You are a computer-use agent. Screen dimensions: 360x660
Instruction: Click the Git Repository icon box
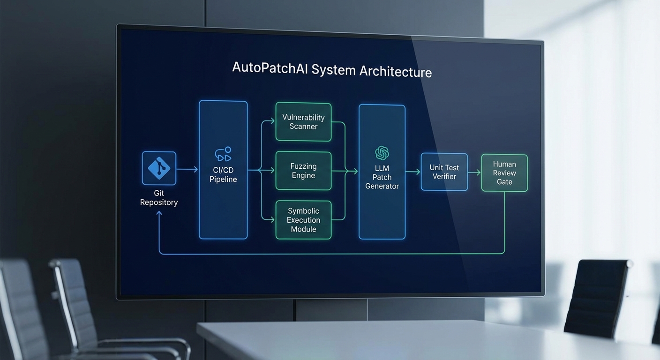tap(159, 168)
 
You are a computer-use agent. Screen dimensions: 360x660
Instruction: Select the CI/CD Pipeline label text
tap(223, 175)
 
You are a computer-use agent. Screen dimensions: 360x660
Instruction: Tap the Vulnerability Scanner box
tap(303, 122)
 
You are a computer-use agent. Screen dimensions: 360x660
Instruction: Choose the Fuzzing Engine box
tap(303, 171)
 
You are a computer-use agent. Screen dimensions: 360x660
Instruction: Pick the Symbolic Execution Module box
tap(303, 220)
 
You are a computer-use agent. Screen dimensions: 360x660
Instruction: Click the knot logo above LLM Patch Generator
tap(382, 153)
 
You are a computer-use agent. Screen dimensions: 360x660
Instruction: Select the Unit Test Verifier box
tap(444, 172)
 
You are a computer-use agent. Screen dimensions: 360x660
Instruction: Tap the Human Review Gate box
tap(504, 173)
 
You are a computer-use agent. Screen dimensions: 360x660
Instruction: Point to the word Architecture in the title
tap(395, 72)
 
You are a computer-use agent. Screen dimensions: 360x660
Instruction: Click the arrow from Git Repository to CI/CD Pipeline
tap(187, 169)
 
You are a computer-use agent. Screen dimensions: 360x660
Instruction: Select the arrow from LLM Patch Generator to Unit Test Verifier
tap(412, 172)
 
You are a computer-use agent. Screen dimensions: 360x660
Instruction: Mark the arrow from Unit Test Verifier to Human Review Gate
tap(474, 172)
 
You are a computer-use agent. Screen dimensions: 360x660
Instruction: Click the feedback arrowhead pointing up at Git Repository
tap(159, 214)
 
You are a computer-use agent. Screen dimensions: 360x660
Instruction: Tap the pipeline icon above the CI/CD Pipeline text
tap(223, 154)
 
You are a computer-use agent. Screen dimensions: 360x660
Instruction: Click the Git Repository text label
tap(159, 198)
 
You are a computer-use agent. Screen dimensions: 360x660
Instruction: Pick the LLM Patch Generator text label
tap(382, 177)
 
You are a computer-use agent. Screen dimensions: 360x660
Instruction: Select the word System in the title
tap(333, 70)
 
